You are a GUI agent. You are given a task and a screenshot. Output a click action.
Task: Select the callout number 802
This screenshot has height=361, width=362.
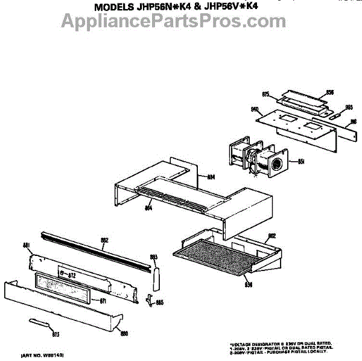click(271, 236)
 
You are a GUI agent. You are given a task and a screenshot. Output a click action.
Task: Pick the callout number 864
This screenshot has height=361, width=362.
click(148, 208)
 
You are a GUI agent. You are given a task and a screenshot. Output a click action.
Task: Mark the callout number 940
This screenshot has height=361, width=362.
click(255, 109)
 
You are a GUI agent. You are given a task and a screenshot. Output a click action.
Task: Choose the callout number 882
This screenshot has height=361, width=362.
click(104, 240)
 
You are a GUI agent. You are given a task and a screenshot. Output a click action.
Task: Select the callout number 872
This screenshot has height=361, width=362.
click(71, 275)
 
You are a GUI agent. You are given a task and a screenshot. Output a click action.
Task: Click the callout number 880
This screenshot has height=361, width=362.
click(124, 332)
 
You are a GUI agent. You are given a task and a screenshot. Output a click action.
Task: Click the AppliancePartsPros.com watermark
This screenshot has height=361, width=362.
click(165, 22)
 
